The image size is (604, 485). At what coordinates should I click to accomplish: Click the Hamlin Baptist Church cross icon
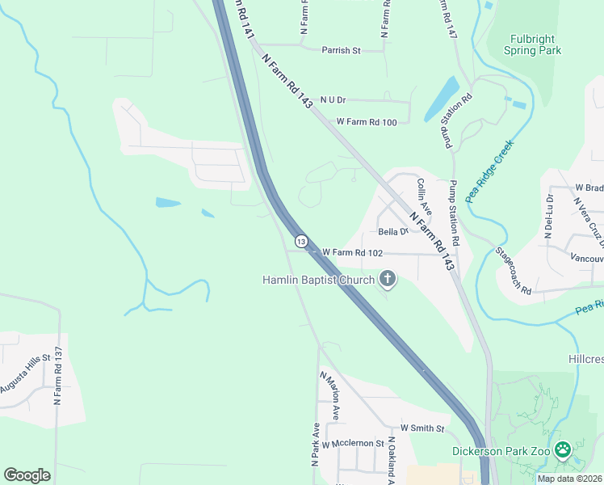(x=388, y=280)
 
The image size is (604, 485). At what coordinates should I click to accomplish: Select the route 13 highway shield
(x=301, y=242)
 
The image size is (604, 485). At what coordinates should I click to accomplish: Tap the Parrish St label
(x=340, y=50)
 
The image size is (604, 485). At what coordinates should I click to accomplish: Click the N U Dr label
(x=333, y=99)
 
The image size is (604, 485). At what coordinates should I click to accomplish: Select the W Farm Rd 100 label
(x=367, y=122)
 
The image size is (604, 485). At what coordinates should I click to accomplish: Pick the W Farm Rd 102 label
(x=352, y=253)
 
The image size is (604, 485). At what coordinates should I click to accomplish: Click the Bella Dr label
(x=394, y=232)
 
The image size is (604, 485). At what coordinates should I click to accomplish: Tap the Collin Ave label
(x=424, y=196)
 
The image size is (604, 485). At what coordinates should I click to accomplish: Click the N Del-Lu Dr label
(x=549, y=214)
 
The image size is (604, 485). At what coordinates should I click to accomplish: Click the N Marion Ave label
(x=329, y=390)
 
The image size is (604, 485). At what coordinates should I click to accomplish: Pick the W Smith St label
(x=422, y=428)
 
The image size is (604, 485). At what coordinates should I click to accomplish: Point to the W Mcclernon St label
(x=351, y=445)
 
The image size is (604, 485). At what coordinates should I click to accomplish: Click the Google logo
(x=27, y=475)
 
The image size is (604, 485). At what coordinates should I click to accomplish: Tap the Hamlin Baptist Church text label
(x=319, y=280)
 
